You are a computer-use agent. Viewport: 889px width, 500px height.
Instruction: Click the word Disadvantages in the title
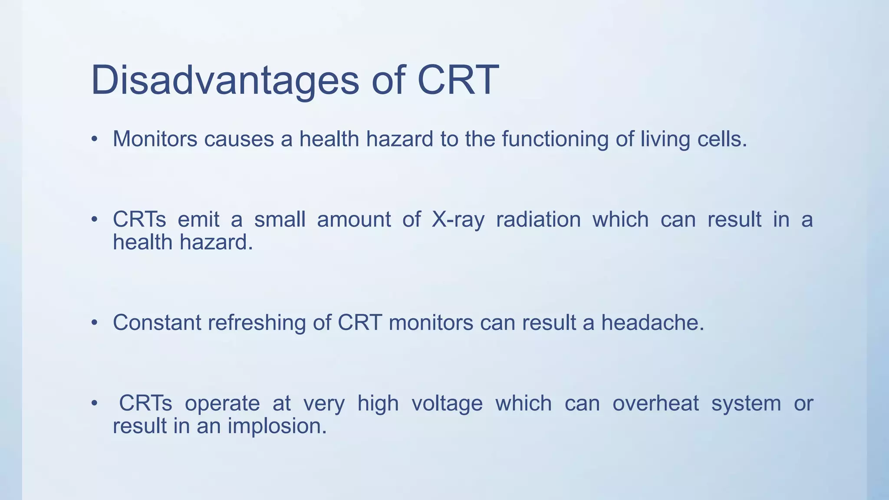point(225,81)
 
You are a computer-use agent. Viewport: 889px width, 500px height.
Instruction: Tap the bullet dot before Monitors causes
point(94,139)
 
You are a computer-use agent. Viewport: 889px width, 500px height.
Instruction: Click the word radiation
point(538,220)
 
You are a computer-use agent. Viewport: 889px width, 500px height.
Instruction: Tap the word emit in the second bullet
point(198,220)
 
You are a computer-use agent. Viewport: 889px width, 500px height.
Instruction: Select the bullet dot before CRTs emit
point(94,220)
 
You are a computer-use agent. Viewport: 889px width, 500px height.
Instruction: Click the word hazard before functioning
point(400,139)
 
